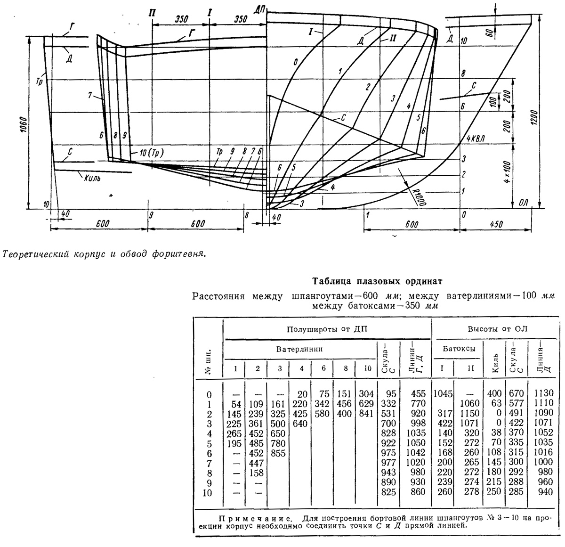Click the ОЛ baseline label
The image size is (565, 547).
pos(523,203)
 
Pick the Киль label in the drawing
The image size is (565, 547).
pos(92,178)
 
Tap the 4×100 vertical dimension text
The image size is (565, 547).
pos(507,172)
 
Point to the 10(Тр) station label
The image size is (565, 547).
pos(152,153)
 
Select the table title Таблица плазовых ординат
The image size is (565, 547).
pos(377,281)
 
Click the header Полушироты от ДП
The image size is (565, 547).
pos(327,329)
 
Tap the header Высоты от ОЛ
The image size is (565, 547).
pos(497,329)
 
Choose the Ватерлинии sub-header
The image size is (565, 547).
pos(299,349)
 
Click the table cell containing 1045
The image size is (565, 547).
pos(443,394)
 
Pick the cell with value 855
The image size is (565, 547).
pos(278,453)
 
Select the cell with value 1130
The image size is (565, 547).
pos(544,393)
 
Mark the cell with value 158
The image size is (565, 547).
pos(256,473)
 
